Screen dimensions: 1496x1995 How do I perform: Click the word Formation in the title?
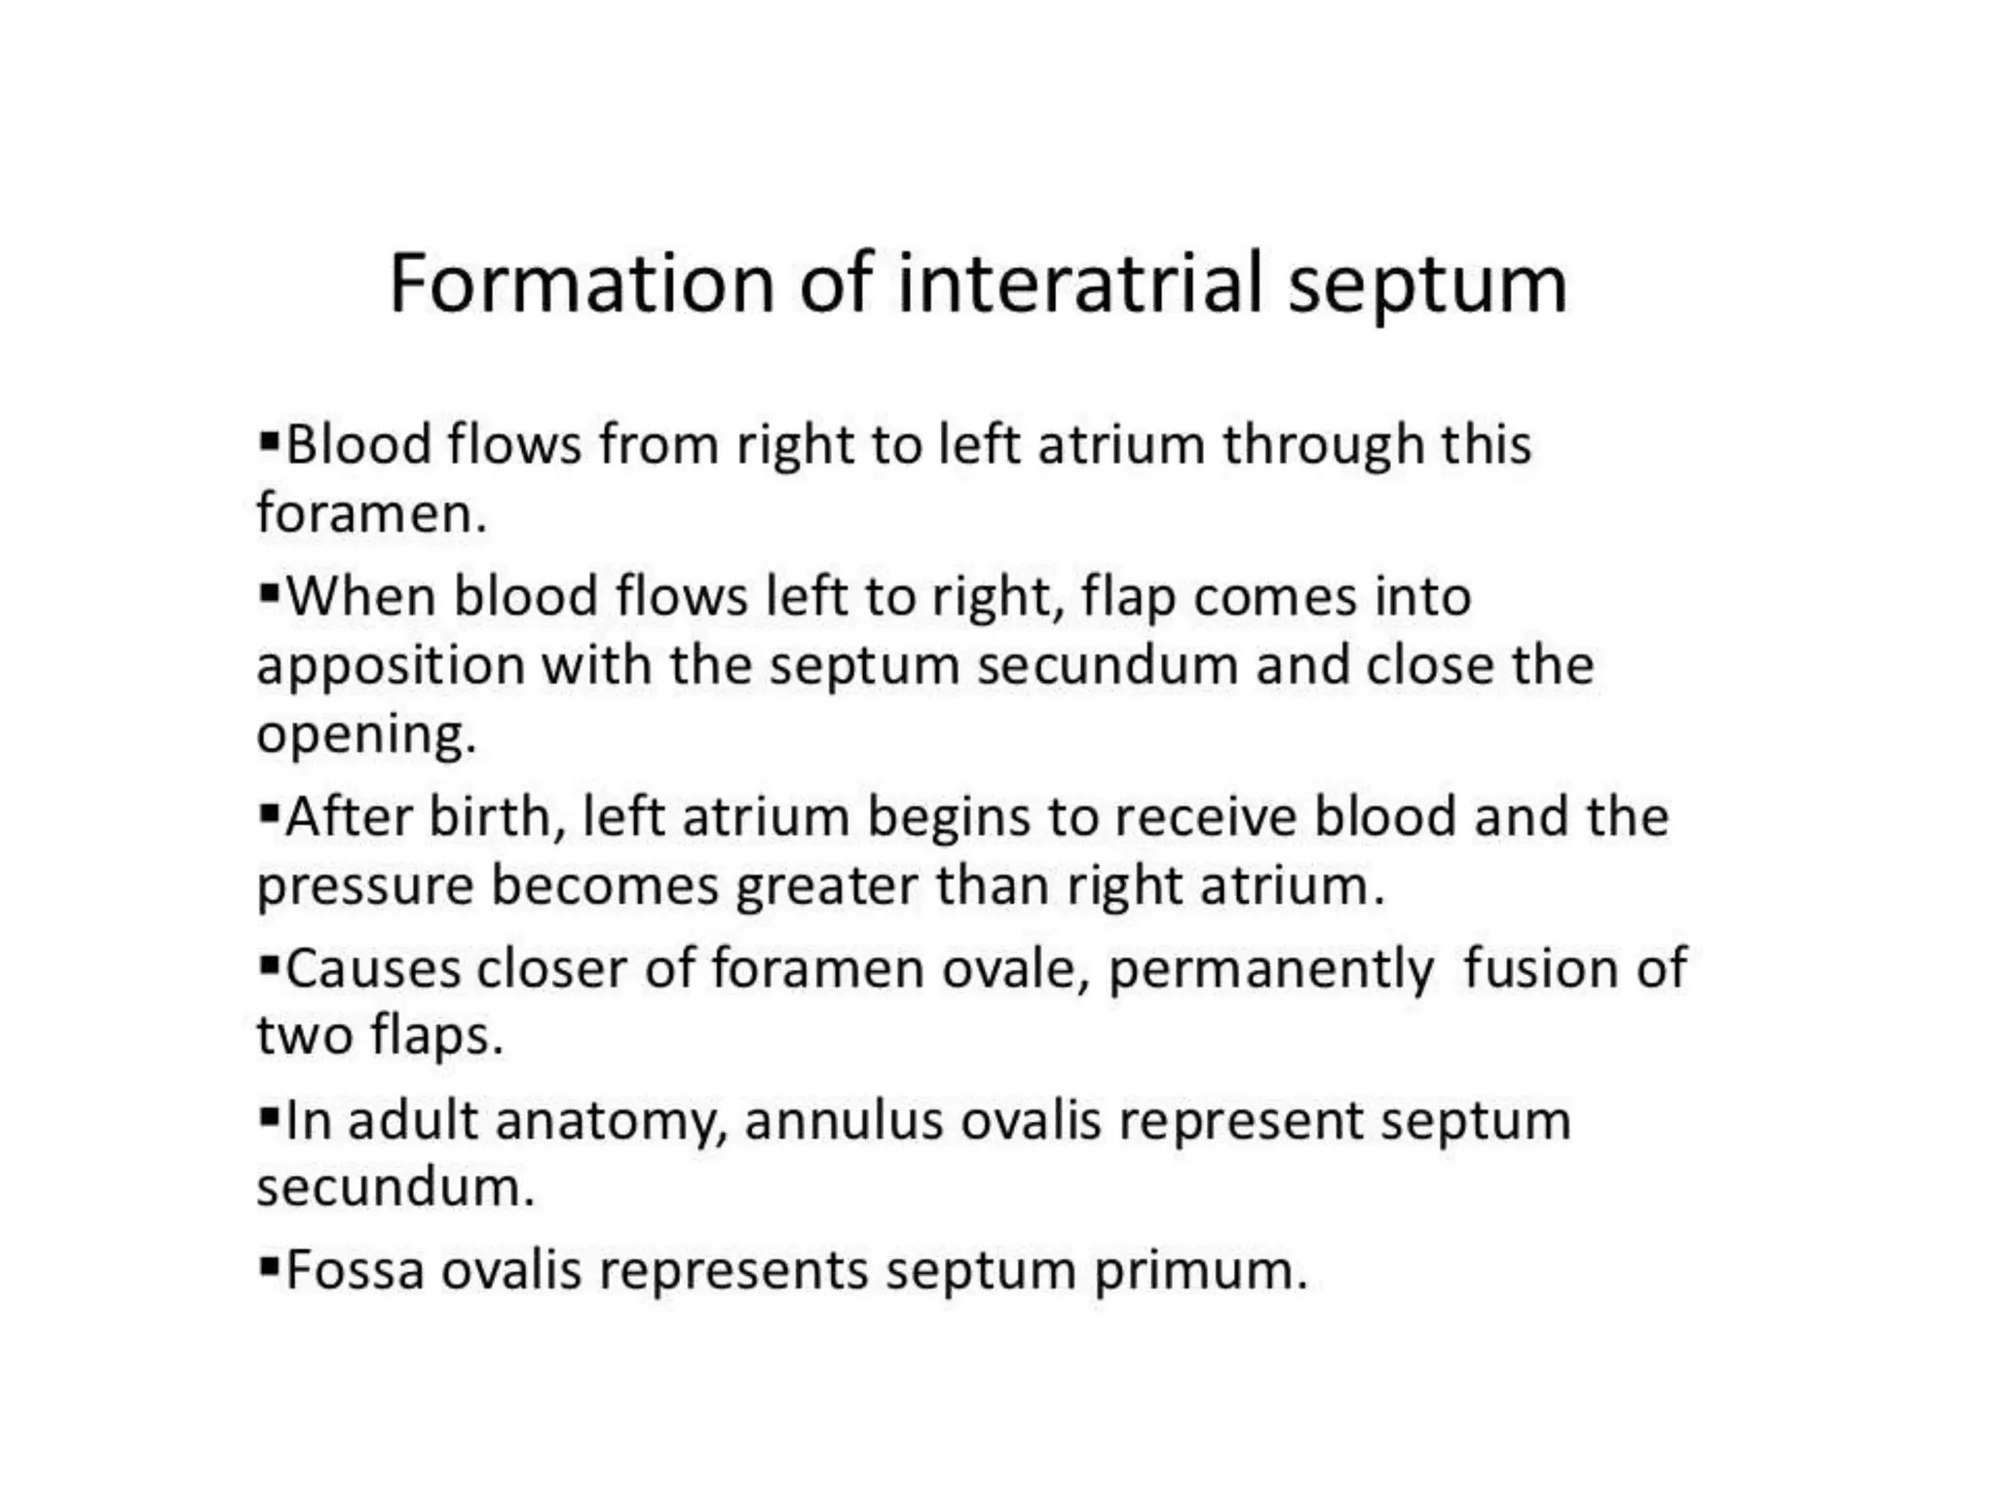coord(582,283)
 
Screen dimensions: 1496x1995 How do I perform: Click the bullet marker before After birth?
coord(270,811)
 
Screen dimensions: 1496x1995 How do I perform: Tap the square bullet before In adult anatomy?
coord(270,1115)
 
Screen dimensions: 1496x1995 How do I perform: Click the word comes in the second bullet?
coord(1275,598)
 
